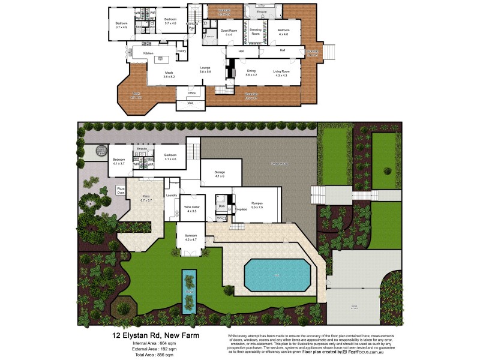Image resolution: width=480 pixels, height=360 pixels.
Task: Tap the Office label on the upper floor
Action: (x=192, y=93)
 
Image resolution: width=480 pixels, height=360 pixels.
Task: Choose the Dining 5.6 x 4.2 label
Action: (x=251, y=73)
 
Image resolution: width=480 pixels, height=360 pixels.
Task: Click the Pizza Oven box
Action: (x=121, y=191)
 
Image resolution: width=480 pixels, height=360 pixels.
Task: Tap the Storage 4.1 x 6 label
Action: (x=219, y=174)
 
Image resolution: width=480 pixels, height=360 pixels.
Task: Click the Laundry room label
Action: (x=171, y=196)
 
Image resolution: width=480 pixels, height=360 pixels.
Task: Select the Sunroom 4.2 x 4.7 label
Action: (x=190, y=238)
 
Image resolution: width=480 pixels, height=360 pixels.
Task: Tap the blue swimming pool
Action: (x=276, y=275)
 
